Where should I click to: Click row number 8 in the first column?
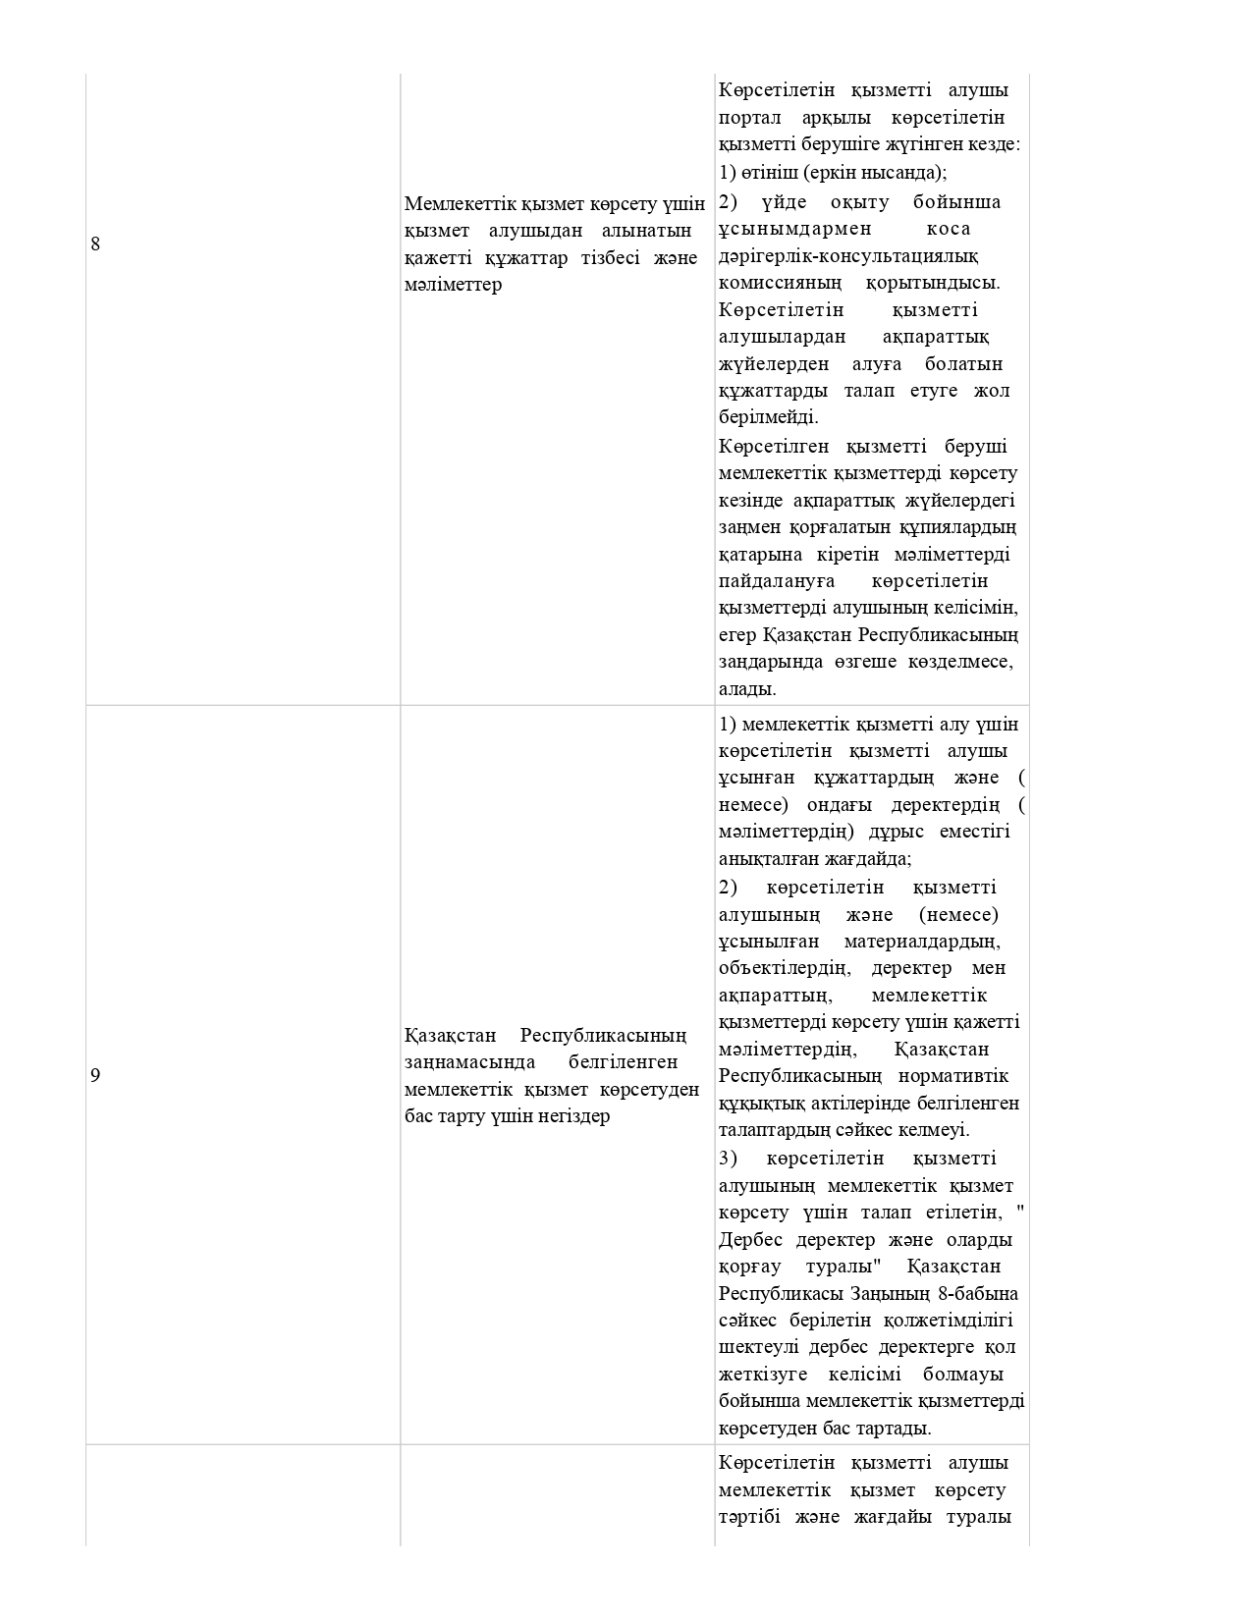tap(95, 243)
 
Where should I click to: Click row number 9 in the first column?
tap(95, 1075)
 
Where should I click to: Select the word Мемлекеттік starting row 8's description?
tap(452, 204)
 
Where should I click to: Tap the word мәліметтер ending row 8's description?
tap(453, 285)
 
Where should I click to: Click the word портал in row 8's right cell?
tap(750, 118)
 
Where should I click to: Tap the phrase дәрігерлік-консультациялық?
tap(848, 256)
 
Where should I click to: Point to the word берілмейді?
tap(768, 417)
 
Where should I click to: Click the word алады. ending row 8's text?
tap(747, 688)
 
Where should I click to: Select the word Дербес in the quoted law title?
tap(751, 1239)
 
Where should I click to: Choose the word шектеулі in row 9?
tap(753, 1347)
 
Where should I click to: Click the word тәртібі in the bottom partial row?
tap(750, 1517)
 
